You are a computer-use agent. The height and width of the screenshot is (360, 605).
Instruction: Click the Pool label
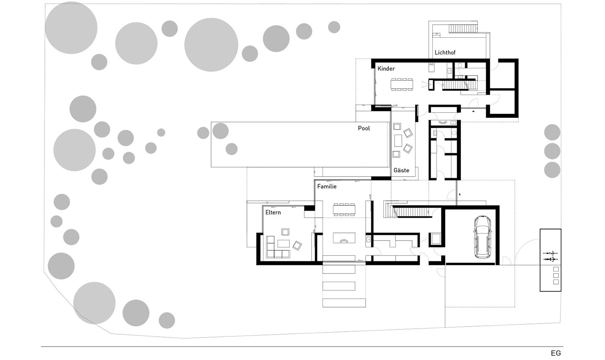364,128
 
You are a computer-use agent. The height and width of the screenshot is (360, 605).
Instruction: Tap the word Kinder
386,69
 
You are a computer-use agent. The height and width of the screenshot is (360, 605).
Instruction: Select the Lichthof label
445,53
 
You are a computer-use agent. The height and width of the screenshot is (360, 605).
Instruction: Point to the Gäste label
401,170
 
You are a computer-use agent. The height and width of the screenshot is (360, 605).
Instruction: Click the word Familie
327,186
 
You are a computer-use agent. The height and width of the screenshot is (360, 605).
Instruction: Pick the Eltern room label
273,212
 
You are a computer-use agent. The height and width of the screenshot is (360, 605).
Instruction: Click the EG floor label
556,353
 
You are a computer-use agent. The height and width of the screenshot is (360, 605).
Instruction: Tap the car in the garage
482,237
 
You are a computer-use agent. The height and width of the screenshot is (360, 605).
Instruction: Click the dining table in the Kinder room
401,84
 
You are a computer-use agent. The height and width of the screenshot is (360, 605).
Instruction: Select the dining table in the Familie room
344,210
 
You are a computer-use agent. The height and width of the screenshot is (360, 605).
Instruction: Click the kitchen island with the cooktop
344,238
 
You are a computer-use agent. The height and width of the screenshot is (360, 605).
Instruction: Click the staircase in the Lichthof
463,28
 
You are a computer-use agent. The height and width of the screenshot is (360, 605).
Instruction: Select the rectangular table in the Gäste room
398,141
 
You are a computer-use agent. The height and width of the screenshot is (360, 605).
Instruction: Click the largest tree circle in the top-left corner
71,28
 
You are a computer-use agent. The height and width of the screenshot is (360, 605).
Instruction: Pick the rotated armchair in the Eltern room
297,246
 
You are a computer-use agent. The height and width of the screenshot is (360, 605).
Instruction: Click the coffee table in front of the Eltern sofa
283,244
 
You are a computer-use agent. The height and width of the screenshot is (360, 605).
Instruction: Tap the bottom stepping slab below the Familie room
344,303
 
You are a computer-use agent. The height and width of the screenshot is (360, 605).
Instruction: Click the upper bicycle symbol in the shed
550,253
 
